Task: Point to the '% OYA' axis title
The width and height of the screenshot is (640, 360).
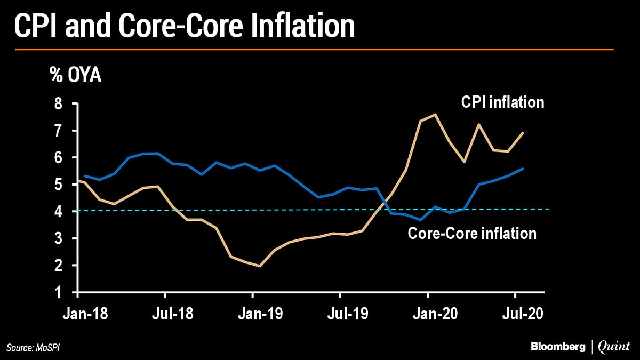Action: (75, 75)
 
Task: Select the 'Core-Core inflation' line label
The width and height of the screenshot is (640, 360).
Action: (472, 233)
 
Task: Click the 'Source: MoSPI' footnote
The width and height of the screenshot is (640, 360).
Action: (37, 348)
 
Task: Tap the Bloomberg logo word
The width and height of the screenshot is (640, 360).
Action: (557, 347)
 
